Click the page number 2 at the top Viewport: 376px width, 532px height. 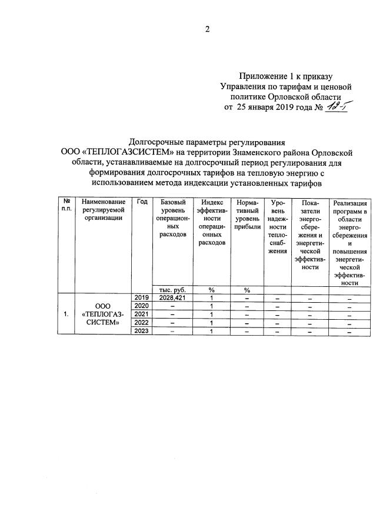coord(207,30)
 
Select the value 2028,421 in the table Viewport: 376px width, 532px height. coord(172,297)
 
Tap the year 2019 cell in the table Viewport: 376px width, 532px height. coord(142,297)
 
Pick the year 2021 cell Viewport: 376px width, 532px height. coord(142,314)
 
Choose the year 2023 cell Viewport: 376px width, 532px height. coord(142,331)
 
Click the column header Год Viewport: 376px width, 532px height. coord(142,202)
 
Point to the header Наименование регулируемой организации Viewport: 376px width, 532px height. coord(104,210)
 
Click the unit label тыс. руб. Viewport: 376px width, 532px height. coord(172,289)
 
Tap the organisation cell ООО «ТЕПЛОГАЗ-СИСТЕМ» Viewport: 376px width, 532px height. coord(104,314)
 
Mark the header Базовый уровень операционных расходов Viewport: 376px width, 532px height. coord(172,218)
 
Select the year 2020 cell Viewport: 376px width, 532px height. coord(142,305)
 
